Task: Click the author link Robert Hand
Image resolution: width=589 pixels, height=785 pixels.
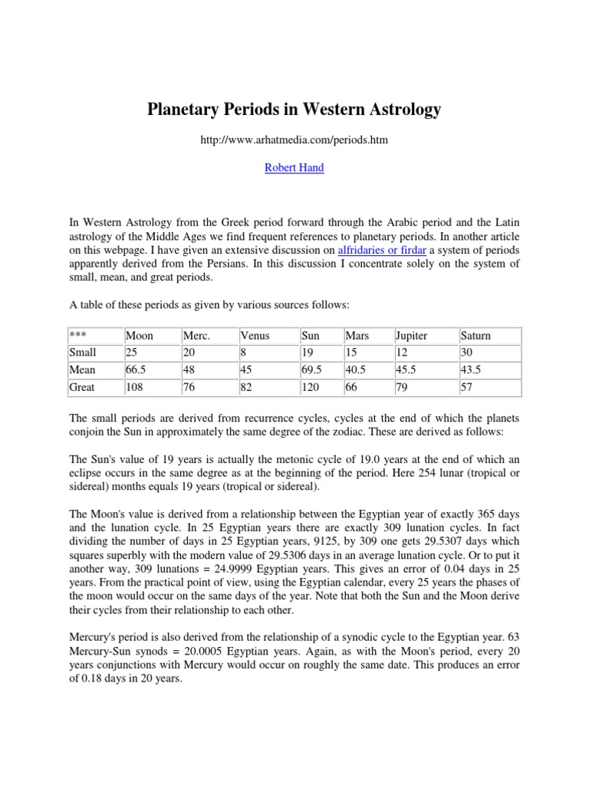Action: [294, 168]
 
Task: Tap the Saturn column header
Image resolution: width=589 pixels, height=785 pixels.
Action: [475, 336]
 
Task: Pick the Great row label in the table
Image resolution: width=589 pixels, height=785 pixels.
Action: [82, 387]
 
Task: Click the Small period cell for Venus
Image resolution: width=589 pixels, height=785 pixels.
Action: [244, 353]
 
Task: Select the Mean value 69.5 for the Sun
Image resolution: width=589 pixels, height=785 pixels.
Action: [311, 370]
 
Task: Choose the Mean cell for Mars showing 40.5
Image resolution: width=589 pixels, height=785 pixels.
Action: [357, 370]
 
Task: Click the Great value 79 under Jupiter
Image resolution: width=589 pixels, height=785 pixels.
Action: [401, 387]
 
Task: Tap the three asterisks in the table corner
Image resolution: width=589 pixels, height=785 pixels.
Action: [77, 336]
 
